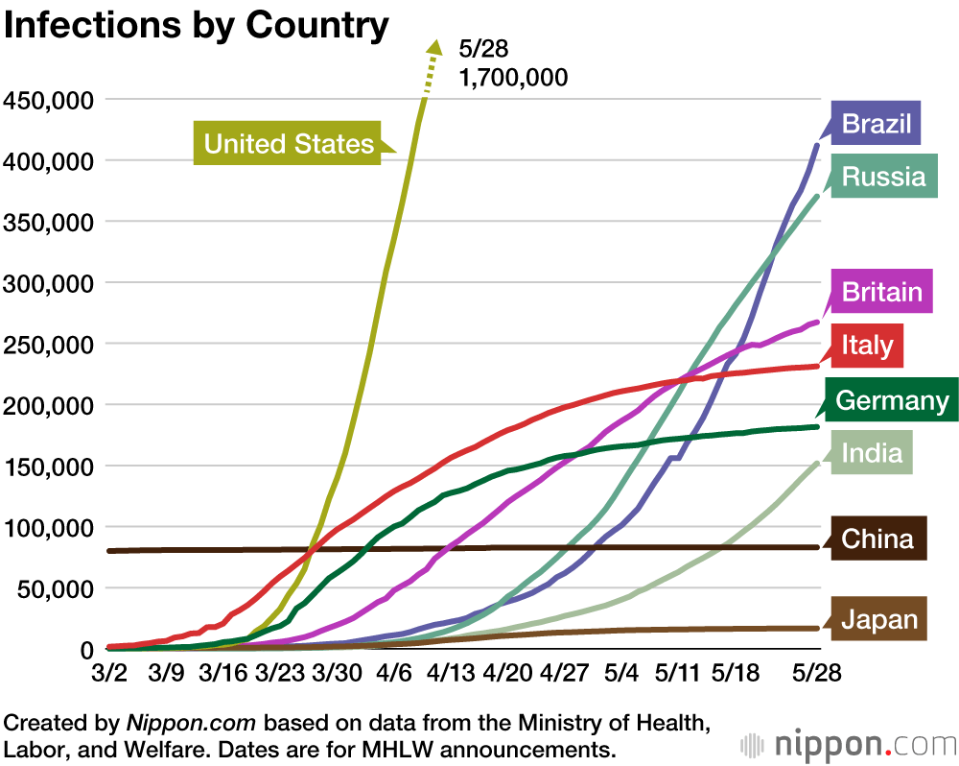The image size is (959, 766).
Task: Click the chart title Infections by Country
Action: pyautogui.click(x=197, y=26)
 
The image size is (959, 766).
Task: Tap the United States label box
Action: pyautogui.click(x=289, y=144)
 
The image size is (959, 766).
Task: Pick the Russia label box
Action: pyautogui.click(x=883, y=177)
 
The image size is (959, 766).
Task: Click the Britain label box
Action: pyautogui.click(x=881, y=292)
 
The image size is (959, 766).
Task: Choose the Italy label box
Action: pyautogui.click(x=867, y=345)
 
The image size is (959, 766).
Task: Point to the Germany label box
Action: pyautogui.click(x=892, y=399)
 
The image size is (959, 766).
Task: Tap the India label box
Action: pyautogui.click(x=872, y=451)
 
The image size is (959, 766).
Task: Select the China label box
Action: pyautogui.click(x=877, y=539)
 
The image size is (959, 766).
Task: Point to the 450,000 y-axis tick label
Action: pyautogui.click(x=48, y=99)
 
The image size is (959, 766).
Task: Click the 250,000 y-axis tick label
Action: pyautogui.click(x=48, y=344)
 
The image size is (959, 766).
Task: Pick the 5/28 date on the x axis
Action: pyautogui.click(x=817, y=674)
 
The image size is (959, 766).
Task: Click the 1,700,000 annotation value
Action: pyautogui.click(x=513, y=77)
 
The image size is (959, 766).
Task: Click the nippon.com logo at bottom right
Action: pyautogui.click(x=848, y=745)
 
